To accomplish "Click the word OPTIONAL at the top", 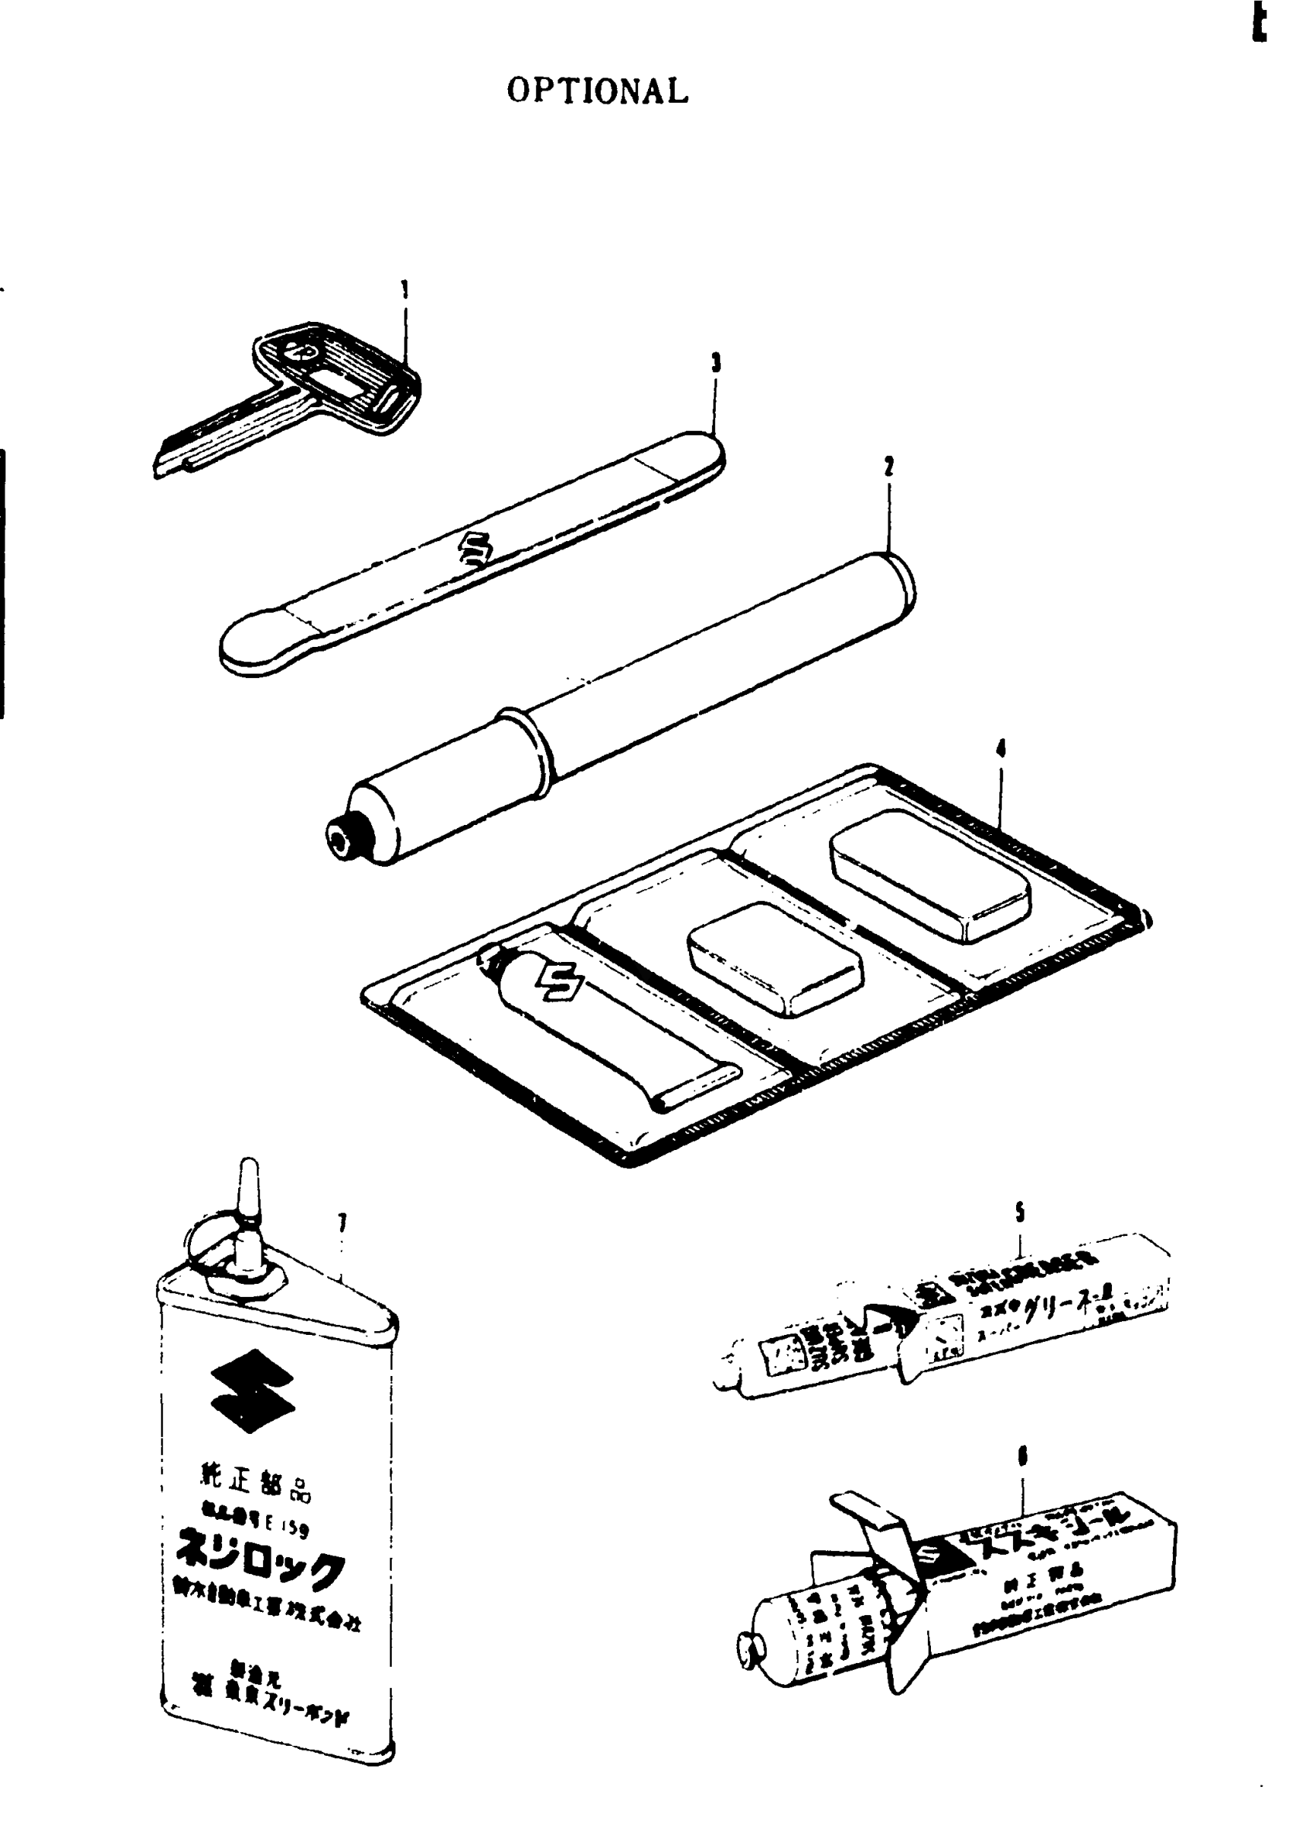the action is click(x=598, y=91).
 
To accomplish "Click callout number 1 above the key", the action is click(x=405, y=289).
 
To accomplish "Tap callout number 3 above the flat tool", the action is click(x=716, y=364).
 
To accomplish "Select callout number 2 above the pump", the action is click(x=889, y=466).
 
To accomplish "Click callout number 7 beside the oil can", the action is click(x=342, y=1222).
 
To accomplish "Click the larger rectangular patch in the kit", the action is click(x=930, y=875).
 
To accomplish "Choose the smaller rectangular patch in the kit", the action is click(x=774, y=958).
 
